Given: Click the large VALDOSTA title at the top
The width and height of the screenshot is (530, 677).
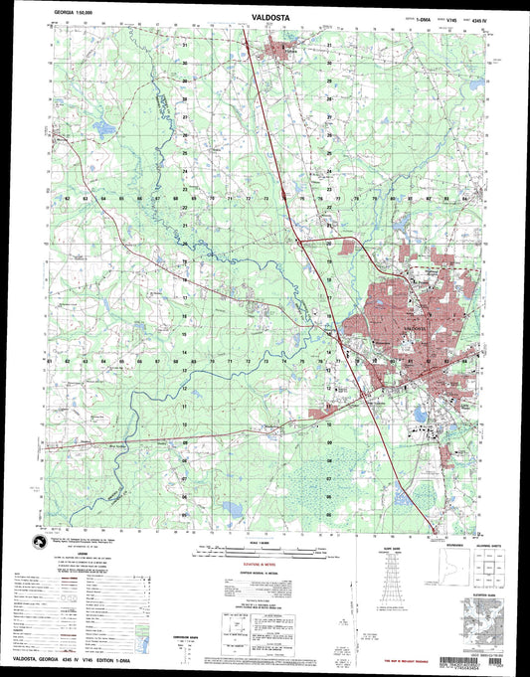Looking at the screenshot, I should tap(265, 15).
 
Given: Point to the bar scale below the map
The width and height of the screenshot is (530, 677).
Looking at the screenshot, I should tap(264, 550).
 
